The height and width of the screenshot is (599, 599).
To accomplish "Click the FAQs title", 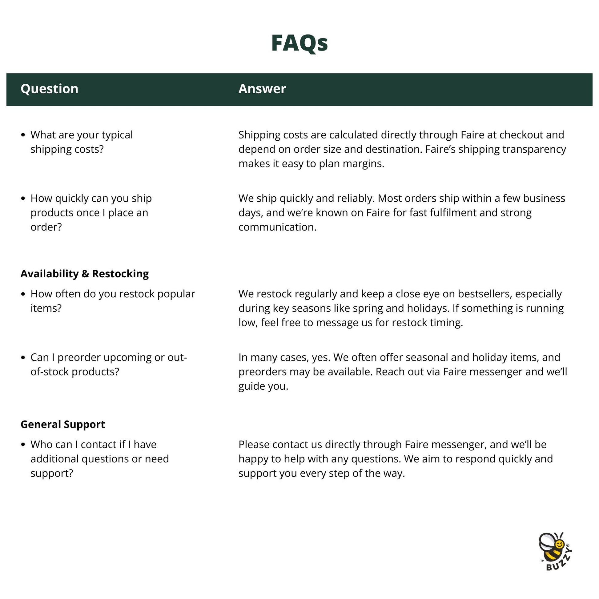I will click(x=299, y=43).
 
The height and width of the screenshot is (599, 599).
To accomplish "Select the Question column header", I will click(x=49, y=89).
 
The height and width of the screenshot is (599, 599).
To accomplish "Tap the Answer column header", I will click(x=262, y=89).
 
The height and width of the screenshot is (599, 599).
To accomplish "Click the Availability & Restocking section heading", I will click(x=84, y=274).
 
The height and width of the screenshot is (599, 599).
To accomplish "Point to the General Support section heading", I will click(x=62, y=424).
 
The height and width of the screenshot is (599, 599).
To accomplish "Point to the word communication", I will click(x=277, y=227).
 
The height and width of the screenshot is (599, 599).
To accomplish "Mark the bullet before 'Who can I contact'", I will click(x=23, y=444).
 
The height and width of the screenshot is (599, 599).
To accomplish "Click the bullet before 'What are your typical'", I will click(x=23, y=135).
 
